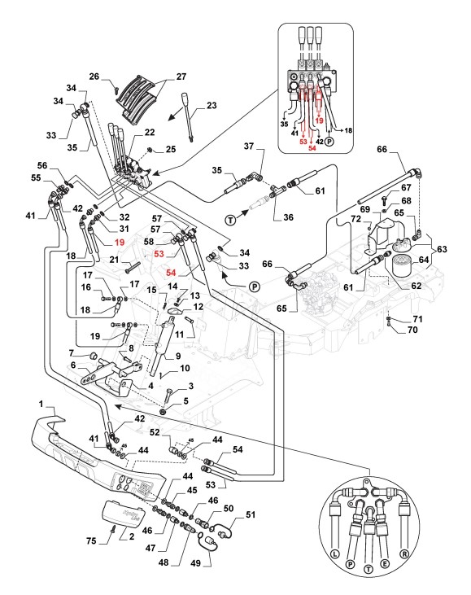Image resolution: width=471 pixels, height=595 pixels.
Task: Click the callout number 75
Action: (x=91, y=540)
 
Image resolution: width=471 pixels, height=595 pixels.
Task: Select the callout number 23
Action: (x=212, y=105)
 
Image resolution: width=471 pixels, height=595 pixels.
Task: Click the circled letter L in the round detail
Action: (x=334, y=554)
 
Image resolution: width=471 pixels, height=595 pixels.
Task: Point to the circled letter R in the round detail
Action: (x=404, y=554)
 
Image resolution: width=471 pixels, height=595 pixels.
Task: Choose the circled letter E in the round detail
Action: (x=385, y=564)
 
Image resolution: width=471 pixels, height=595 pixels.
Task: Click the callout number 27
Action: (x=181, y=77)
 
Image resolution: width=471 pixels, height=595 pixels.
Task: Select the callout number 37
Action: (x=249, y=146)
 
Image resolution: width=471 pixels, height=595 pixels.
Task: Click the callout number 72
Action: (x=355, y=219)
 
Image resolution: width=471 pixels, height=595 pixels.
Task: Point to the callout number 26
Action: (x=94, y=77)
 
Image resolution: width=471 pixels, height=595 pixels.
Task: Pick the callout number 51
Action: (x=251, y=514)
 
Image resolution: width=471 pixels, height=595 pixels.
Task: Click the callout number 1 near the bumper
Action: (x=41, y=404)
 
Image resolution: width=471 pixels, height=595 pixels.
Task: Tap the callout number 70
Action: (x=412, y=330)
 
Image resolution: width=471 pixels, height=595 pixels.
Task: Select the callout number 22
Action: (x=150, y=132)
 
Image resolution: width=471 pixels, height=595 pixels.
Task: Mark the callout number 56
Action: (x=42, y=165)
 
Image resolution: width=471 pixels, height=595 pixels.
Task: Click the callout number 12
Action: (x=198, y=306)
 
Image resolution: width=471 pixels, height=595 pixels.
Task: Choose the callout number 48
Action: (x=164, y=562)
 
